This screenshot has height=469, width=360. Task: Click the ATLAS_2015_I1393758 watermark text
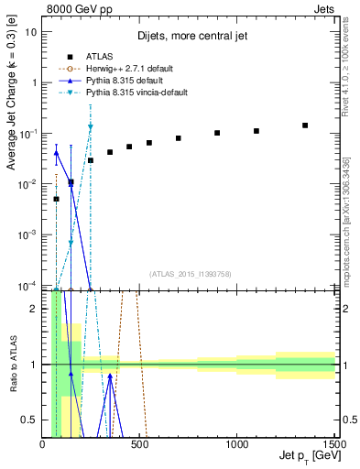tap(189, 273)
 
